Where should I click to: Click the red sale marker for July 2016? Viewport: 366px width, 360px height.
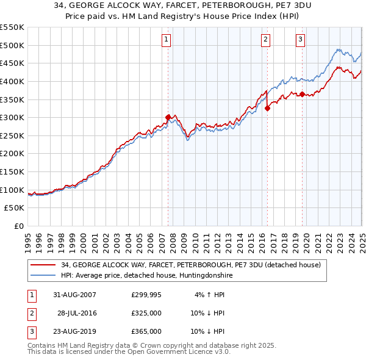pyautogui.click(x=267, y=108)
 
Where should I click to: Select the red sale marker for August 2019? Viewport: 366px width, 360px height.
pyautogui.click(x=302, y=94)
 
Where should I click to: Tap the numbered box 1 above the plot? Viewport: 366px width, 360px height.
pyautogui.click(x=167, y=40)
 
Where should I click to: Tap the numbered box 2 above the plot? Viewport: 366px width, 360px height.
pyautogui.click(x=266, y=40)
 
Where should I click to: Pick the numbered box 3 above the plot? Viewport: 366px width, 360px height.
pyautogui.click(x=301, y=40)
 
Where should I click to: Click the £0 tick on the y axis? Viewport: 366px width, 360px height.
pyautogui.click(x=19, y=226)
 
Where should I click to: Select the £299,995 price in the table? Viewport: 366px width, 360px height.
pyautogui.click(x=146, y=295)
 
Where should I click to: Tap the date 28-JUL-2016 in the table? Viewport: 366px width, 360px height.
pyautogui.click(x=77, y=313)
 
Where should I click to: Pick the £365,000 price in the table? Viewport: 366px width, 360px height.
pyautogui.click(x=146, y=331)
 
